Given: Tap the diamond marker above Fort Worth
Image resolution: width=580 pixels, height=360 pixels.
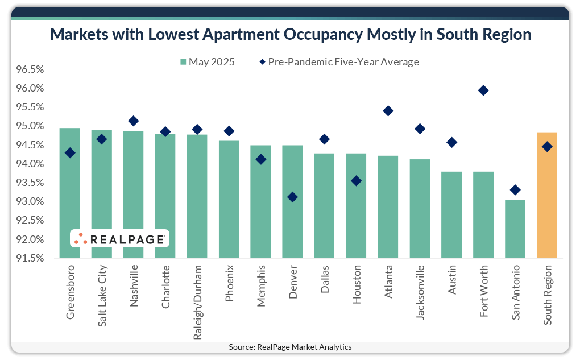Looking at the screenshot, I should pos(483,90).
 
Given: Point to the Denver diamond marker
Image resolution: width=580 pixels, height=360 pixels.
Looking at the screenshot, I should pos(292,197).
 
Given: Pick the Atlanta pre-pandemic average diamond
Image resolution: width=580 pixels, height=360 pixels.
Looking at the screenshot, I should pos(388,111).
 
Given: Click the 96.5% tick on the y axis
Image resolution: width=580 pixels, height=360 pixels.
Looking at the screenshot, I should pos(30,70).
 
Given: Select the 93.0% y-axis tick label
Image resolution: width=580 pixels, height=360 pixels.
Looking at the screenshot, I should pos(30,202).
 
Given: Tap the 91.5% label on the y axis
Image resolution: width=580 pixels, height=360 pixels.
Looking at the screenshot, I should pos(30,258).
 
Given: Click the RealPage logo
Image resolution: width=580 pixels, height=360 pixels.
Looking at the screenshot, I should pos(119,239).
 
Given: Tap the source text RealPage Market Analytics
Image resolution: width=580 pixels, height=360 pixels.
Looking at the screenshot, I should pos(290,346).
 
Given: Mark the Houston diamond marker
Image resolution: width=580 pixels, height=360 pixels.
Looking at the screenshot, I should pos(356,181).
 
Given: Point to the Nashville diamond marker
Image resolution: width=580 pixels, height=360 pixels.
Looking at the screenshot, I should pos(133,121).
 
